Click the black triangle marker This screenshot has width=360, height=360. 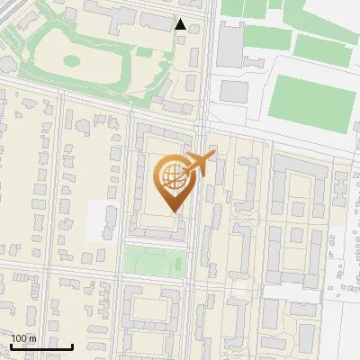point(181,25)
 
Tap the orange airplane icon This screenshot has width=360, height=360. point(200,165)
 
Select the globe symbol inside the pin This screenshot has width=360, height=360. point(171,177)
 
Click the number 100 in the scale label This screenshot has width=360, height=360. point(19,338)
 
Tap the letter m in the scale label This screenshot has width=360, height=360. point(32,338)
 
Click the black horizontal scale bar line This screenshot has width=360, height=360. point(40,346)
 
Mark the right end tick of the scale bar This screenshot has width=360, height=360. point(72,345)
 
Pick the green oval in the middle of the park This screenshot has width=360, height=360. point(71,61)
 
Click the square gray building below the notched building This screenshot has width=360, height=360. point(234,91)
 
